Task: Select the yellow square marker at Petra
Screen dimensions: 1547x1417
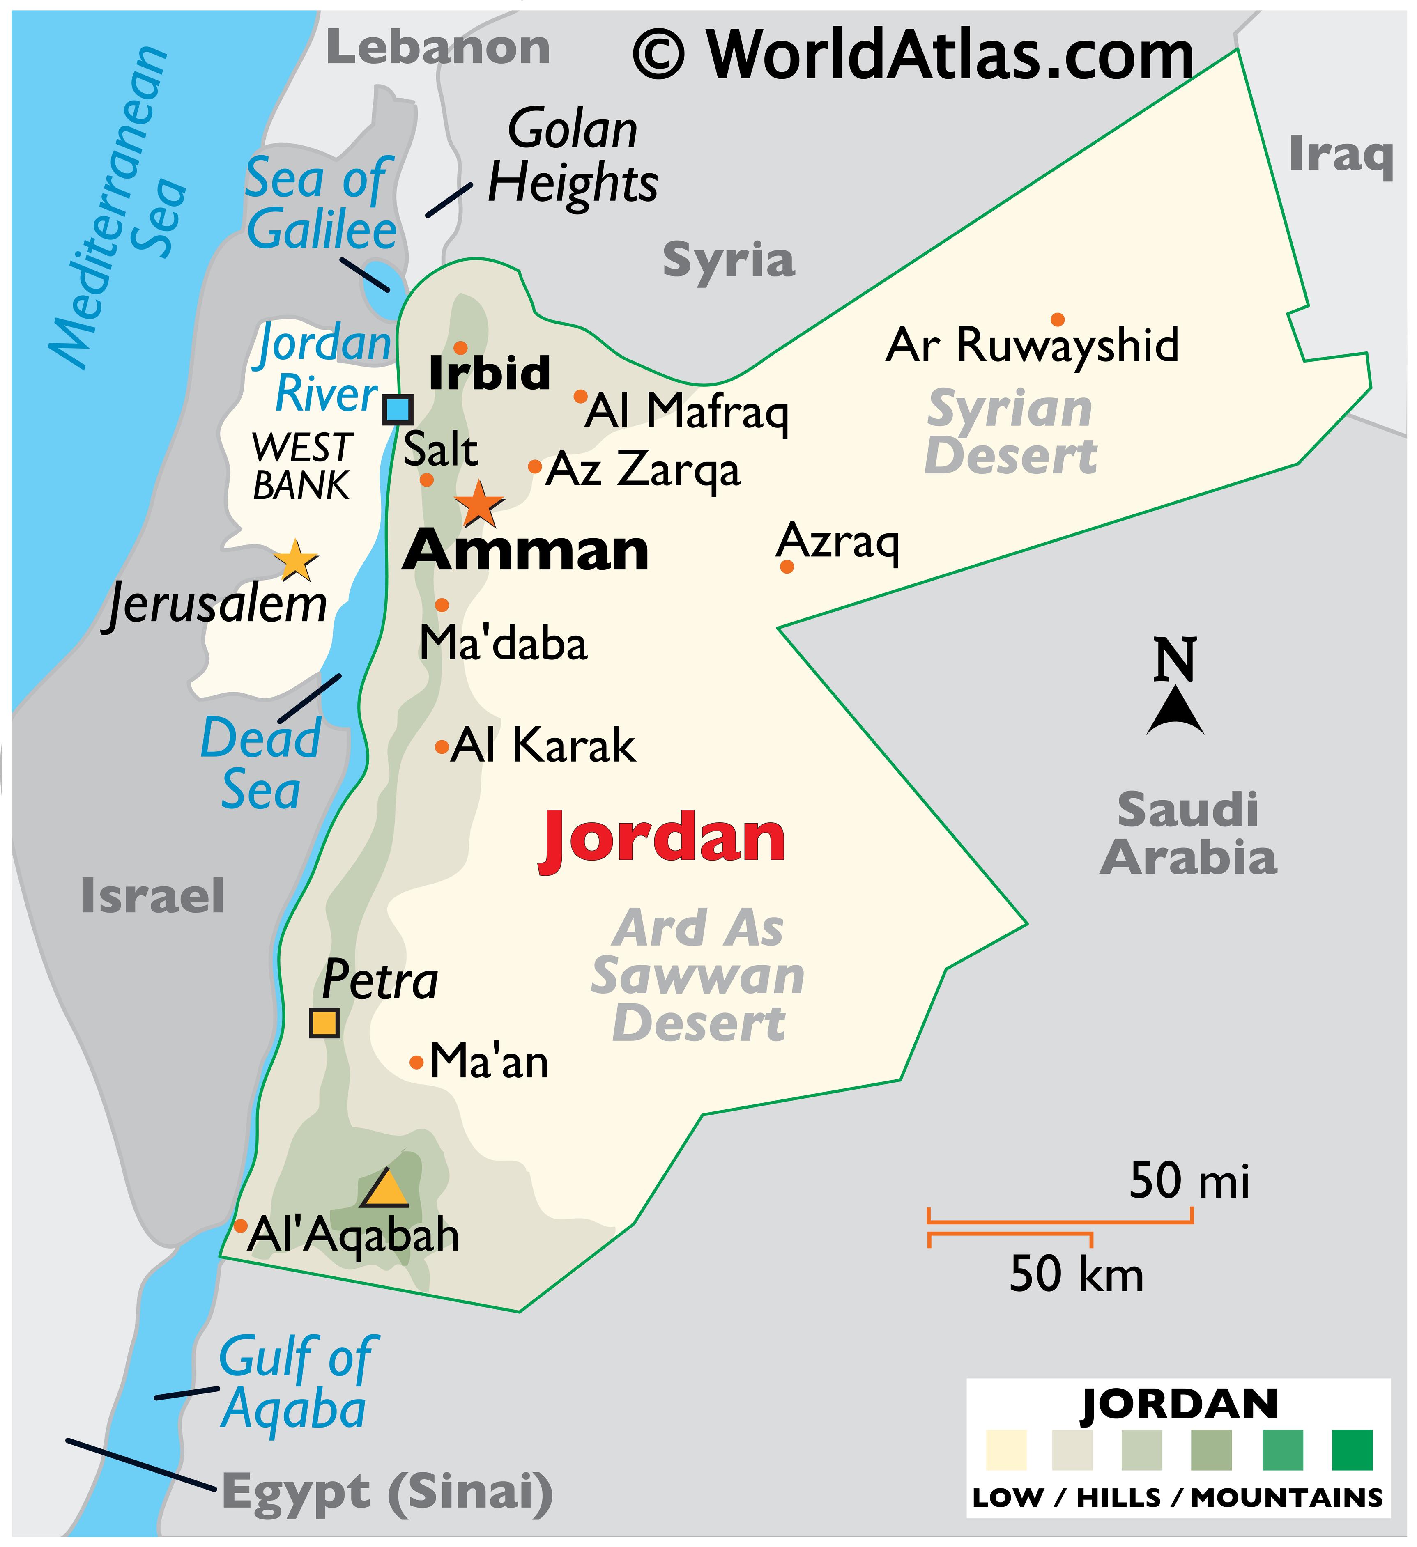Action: click(324, 1023)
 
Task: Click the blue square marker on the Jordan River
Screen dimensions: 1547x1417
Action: click(398, 410)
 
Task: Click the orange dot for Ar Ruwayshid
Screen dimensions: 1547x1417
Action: click(1058, 320)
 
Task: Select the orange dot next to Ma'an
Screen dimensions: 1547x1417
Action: click(416, 1063)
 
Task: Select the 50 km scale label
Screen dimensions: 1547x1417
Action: click(1076, 1274)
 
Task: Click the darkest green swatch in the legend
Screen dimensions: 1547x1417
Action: click(1352, 1450)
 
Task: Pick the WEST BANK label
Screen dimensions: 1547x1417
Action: click(301, 466)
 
